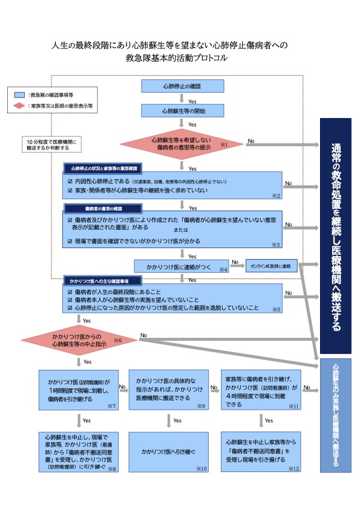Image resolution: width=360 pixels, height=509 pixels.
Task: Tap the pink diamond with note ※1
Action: coord(183,143)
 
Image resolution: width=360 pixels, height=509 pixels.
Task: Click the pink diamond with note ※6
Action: coord(79,340)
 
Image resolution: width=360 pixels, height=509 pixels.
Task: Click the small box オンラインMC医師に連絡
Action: coord(272,266)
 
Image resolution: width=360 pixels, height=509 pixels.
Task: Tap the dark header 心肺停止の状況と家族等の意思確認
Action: coord(103,167)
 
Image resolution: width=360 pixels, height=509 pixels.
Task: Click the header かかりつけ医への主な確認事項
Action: coord(102,281)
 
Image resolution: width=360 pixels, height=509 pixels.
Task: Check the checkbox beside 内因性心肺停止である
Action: coord(71,181)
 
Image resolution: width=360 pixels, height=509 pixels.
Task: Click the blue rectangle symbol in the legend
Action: coord(19,96)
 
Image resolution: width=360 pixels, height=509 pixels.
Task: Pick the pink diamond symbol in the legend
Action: coord(19,106)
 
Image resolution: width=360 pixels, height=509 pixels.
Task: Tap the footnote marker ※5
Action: coord(277,309)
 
